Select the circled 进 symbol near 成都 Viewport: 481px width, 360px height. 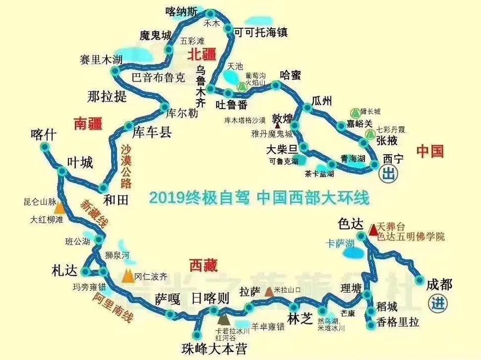(436, 303)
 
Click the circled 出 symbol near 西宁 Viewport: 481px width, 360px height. (388, 174)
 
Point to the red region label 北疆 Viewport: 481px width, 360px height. (202, 54)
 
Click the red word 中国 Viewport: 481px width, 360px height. (430, 152)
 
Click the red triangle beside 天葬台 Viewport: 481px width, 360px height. (373, 229)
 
